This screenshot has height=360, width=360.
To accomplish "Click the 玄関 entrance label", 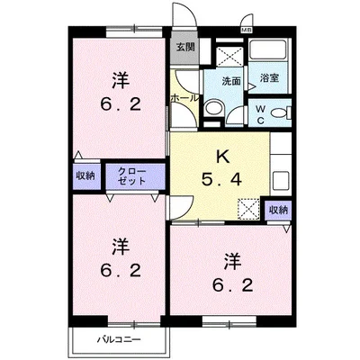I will [x=184, y=47].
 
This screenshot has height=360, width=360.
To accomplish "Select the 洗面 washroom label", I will [x=232, y=80].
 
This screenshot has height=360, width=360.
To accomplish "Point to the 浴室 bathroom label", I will [x=270, y=77].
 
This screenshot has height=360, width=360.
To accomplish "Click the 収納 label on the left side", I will [x=85, y=175].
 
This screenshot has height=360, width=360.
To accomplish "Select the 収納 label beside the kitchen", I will [x=278, y=210].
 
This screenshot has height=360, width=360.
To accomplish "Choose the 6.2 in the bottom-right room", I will [x=232, y=286].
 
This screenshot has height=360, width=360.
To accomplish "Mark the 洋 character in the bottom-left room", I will [x=119, y=245].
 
